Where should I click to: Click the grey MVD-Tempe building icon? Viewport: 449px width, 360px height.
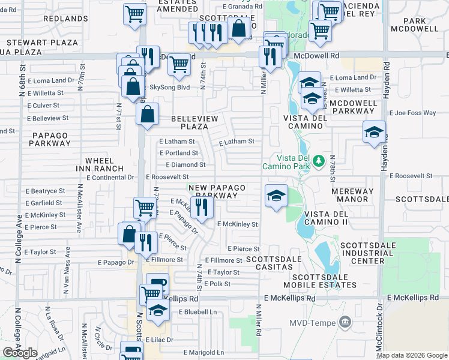click(x=345, y=322)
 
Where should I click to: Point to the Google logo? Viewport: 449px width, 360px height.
click(x=20, y=352)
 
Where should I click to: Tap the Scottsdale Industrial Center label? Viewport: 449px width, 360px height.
click(x=370, y=253)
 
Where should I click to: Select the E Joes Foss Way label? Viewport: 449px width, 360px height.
click(x=412, y=113)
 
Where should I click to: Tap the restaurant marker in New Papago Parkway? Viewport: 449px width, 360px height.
click(x=201, y=208)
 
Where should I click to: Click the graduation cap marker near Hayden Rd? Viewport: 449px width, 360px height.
click(x=373, y=132)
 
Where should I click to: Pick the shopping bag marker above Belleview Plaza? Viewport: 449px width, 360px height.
click(x=147, y=113)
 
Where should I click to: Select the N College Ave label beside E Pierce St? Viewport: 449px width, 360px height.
click(x=18, y=240)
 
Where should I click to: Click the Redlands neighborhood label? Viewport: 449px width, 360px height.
click(x=66, y=19)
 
